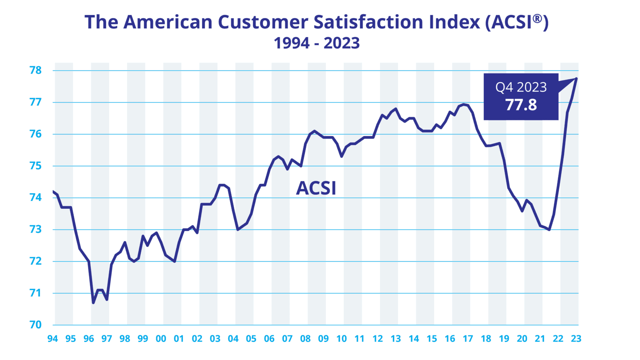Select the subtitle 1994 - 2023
317,43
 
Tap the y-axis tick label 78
36,70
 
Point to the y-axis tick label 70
36,325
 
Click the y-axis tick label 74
36,197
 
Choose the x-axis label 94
52,339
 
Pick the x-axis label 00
161,339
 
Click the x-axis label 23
576,339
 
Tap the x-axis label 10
341,339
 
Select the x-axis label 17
467,339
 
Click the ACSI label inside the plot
316,188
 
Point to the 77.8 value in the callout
521,105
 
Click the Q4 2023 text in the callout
521,87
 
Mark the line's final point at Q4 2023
577,78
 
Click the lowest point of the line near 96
93,303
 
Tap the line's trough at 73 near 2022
549,230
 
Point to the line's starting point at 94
53,191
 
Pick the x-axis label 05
251,339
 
